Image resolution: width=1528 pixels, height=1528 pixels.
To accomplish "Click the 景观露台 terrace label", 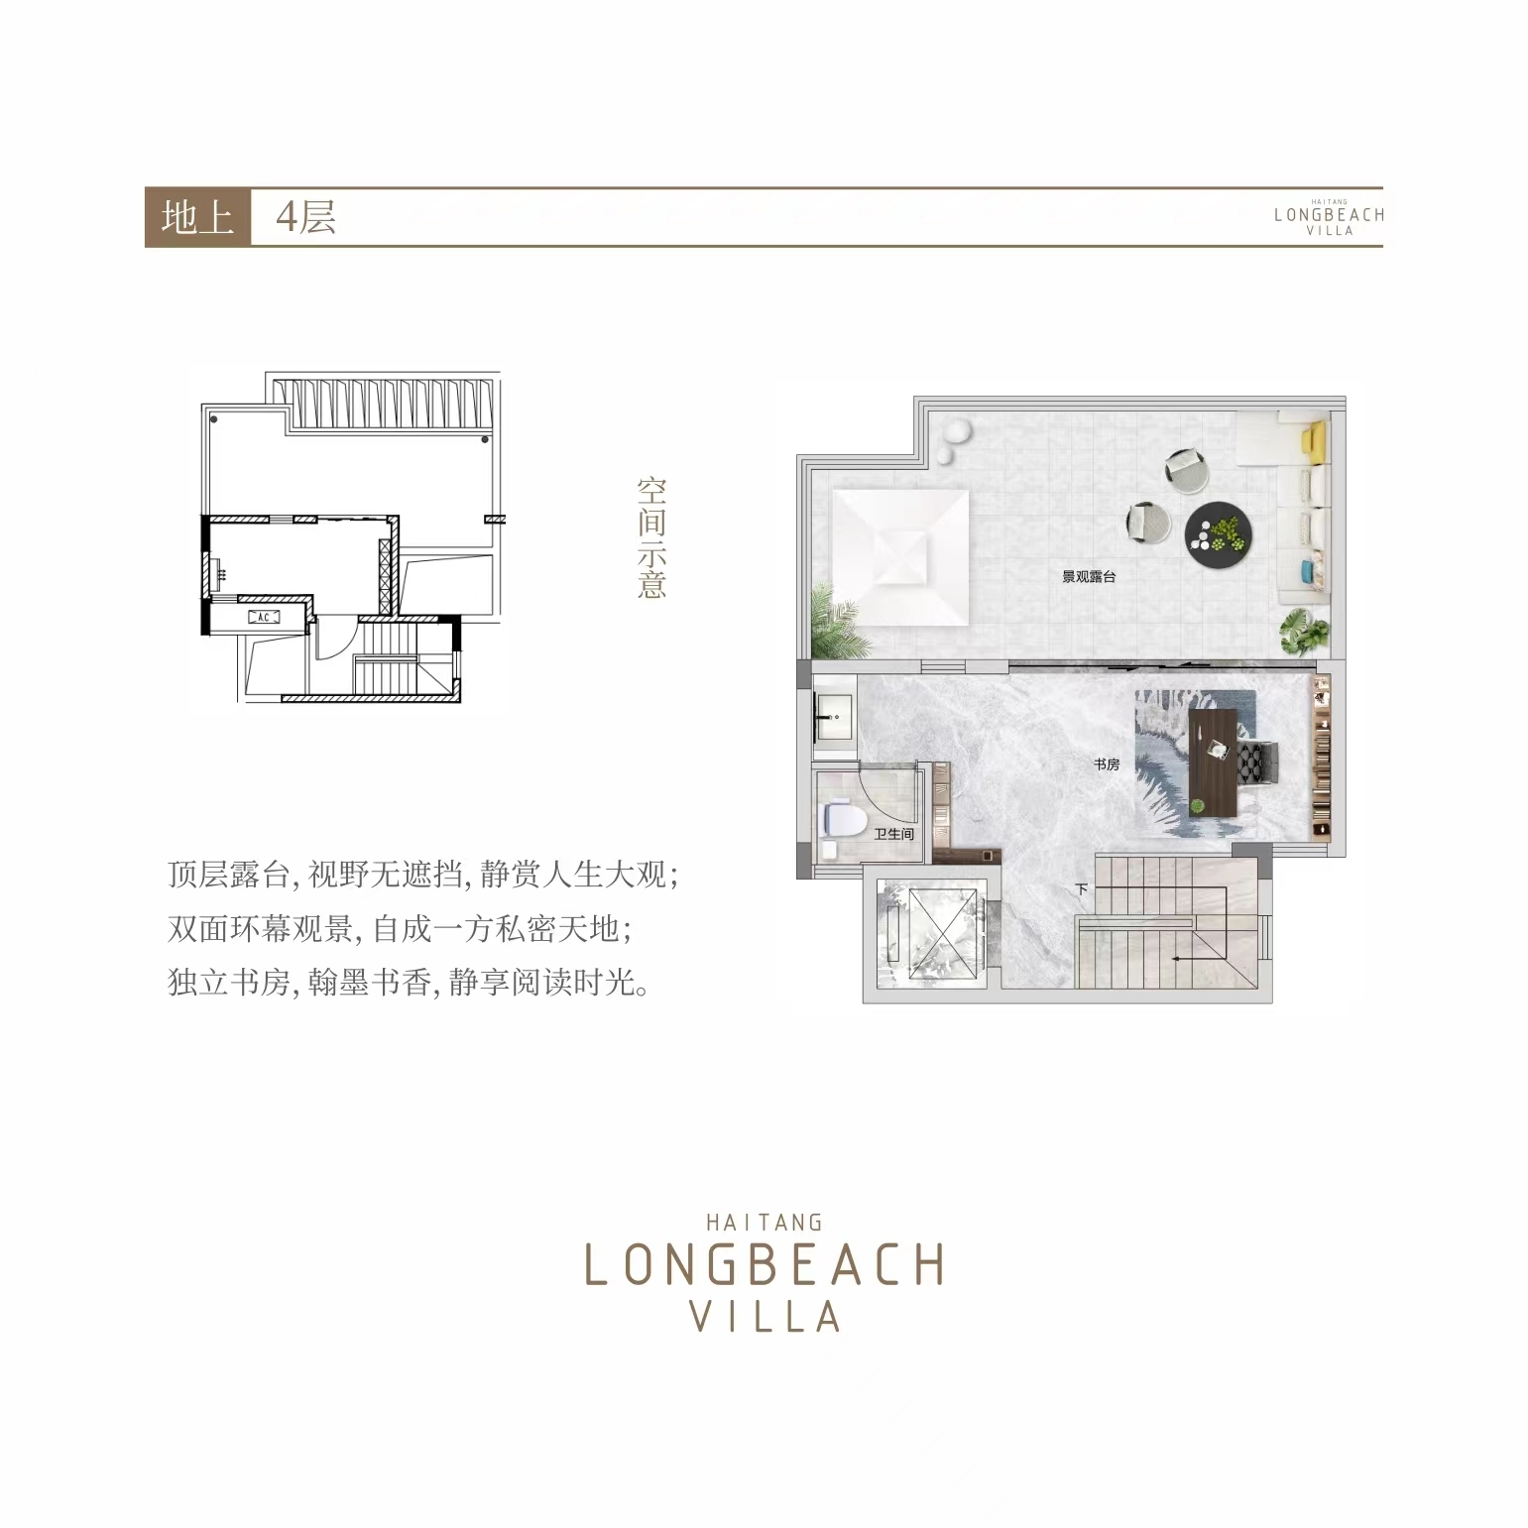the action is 1089,576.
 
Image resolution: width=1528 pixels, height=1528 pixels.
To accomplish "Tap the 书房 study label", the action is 1106,764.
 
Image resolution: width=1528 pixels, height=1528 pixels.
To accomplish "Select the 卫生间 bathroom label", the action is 893,834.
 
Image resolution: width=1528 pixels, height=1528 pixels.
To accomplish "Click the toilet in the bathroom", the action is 844,821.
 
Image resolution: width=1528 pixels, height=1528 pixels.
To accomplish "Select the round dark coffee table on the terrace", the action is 1219,534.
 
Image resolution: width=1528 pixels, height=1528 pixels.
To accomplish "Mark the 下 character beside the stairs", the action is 1082,889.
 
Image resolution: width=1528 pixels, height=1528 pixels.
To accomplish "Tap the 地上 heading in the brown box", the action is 196,217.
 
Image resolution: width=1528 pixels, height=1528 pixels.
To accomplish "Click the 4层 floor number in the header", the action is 305,217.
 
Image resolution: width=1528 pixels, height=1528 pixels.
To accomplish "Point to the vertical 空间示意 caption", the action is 651,538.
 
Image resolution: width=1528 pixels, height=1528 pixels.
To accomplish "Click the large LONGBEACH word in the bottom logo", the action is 764,1264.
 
